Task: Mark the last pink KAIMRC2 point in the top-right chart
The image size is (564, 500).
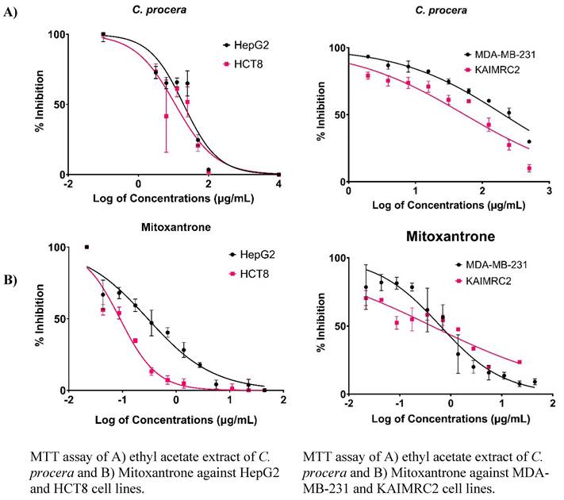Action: click(528, 168)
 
